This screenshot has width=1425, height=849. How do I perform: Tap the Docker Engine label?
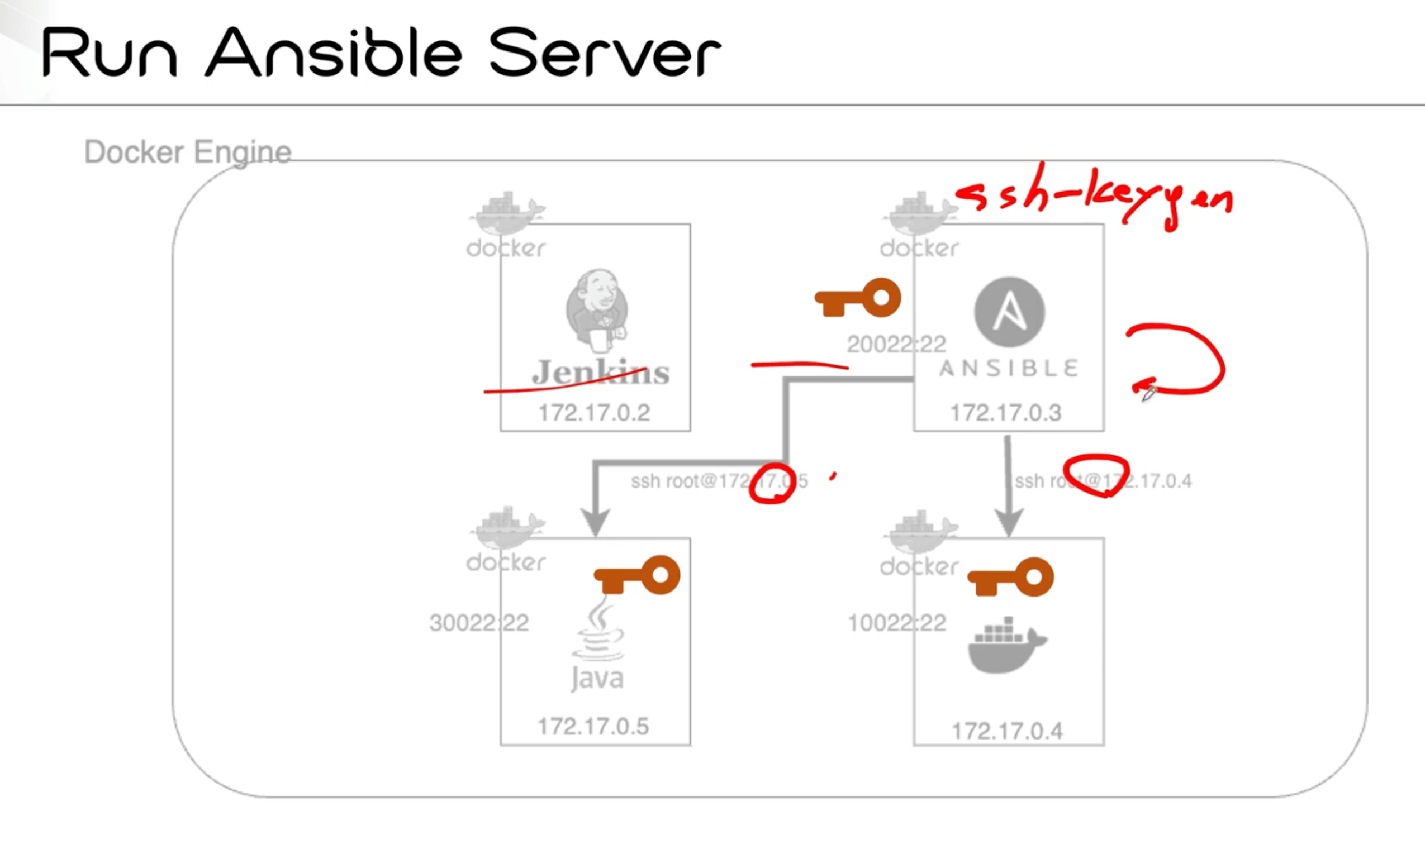[x=188, y=152]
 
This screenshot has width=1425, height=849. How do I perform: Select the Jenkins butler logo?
[x=597, y=309]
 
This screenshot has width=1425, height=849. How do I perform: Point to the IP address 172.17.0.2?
[x=594, y=412]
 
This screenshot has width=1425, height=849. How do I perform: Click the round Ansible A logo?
[x=1010, y=312]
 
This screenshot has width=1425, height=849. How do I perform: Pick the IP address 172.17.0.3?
[x=1006, y=412]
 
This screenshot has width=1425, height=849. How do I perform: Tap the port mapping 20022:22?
[x=896, y=345]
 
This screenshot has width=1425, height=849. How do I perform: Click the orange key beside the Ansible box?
[x=858, y=298]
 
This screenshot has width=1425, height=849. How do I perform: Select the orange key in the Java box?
[x=638, y=575]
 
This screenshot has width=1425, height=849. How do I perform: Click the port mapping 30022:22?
[x=479, y=623]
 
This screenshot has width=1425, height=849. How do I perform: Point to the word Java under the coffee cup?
[x=597, y=679]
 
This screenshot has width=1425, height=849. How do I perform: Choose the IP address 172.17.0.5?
[x=593, y=727]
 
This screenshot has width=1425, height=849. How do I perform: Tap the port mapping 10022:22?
[x=897, y=623]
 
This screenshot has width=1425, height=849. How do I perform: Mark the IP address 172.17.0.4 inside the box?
[x=1007, y=731]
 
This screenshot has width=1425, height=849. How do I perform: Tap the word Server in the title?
[x=605, y=53]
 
